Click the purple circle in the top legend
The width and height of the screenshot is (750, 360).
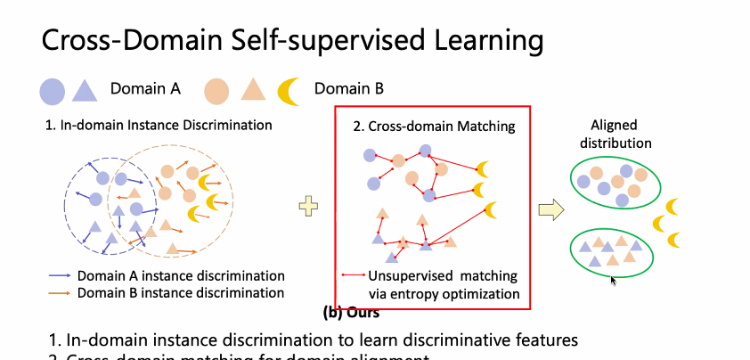pyautogui.click(x=52, y=90)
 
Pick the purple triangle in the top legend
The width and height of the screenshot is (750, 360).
pyautogui.click(x=84, y=90)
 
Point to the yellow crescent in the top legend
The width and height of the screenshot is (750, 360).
pyautogui.click(x=288, y=90)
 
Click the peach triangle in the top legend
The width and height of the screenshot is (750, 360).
pyautogui.click(x=253, y=90)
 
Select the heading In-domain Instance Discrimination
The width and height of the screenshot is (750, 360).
pyautogui.click(x=159, y=125)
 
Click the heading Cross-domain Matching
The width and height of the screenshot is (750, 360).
pyautogui.click(x=434, y=127)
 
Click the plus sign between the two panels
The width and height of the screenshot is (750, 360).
pyautogui.click(x=308, y=207)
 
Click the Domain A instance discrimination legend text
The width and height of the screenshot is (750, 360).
pyautogui.click(x=181, y=275)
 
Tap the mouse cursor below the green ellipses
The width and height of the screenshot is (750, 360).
pyautogui.click(x=614, y=280)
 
